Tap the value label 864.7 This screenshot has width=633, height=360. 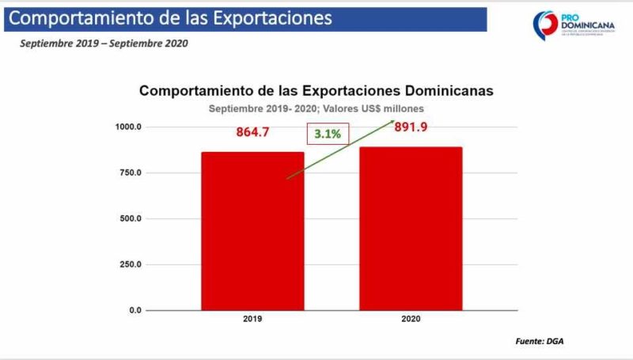(x=252, y=132)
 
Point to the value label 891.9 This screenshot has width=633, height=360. (x=411, y=127)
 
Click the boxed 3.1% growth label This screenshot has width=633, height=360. (x=327, y=135)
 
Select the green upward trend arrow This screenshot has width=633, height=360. (x=340, y=150)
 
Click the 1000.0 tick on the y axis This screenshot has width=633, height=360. (x=128, y=127)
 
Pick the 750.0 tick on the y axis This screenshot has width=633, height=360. (x=129, y=172)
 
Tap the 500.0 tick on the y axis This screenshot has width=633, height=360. (x=129, y=218)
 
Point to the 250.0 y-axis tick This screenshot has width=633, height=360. (x=129, y=264)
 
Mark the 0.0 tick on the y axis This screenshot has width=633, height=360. (x=134, y=310)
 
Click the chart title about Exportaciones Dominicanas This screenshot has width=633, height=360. (x=316, y=91)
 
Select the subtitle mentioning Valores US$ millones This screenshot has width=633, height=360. (x=316, y=109)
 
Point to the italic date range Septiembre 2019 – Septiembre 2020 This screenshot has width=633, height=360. (x=104, y=44)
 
